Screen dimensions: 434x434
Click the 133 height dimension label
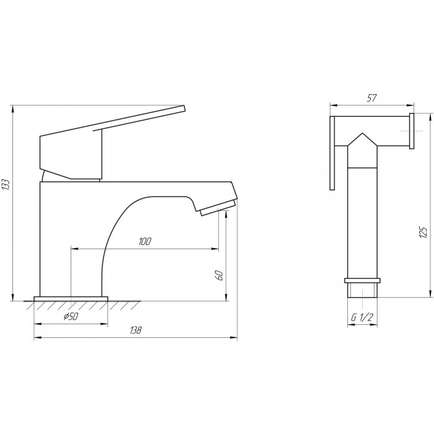pos(6,184)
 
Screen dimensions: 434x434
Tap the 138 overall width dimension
pos(136,330)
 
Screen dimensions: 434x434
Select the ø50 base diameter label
pos(71,316)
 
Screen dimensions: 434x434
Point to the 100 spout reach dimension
pos(145,241)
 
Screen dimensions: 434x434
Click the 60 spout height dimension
pos(219,275)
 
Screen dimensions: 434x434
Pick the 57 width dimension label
pos(371,98)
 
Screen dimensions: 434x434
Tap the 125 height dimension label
pos(423,232)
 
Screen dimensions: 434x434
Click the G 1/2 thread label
pos(362,317)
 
